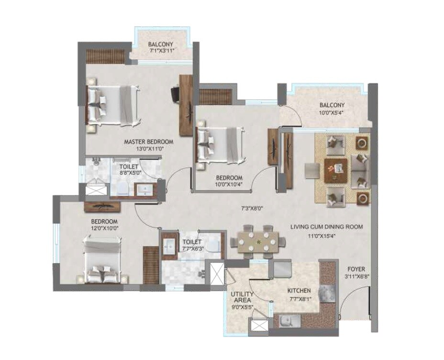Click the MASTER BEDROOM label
(x=148, y=142)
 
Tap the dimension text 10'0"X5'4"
(x=333, y=114)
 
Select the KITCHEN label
(x=299, y=291)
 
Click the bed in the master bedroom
(x=112, y=105)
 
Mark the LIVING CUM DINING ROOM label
(x=326, y=226)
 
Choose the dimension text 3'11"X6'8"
(x=356, y=276)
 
